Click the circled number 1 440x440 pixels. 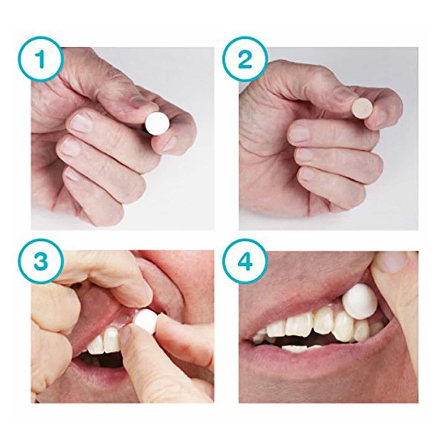41,60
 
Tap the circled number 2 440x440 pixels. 246,60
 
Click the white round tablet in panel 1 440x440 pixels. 158,124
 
